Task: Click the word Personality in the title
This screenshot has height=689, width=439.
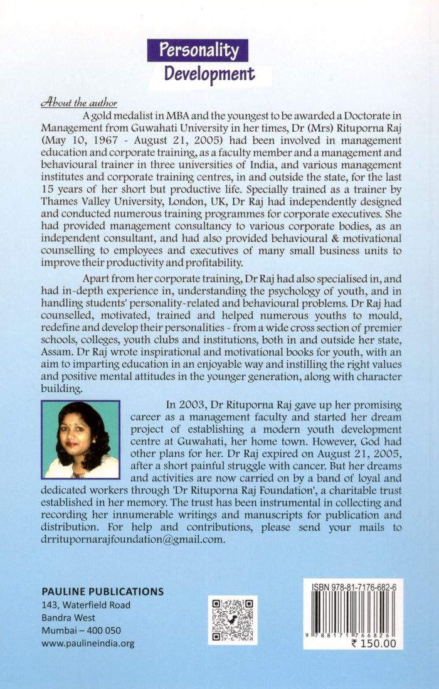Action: (198, 51)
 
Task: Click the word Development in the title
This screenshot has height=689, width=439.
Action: (209, 74)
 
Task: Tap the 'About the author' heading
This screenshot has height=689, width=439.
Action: (78, 103)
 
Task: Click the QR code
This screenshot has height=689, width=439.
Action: (233, 620)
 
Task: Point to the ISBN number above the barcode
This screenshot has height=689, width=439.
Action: (353, 586)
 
